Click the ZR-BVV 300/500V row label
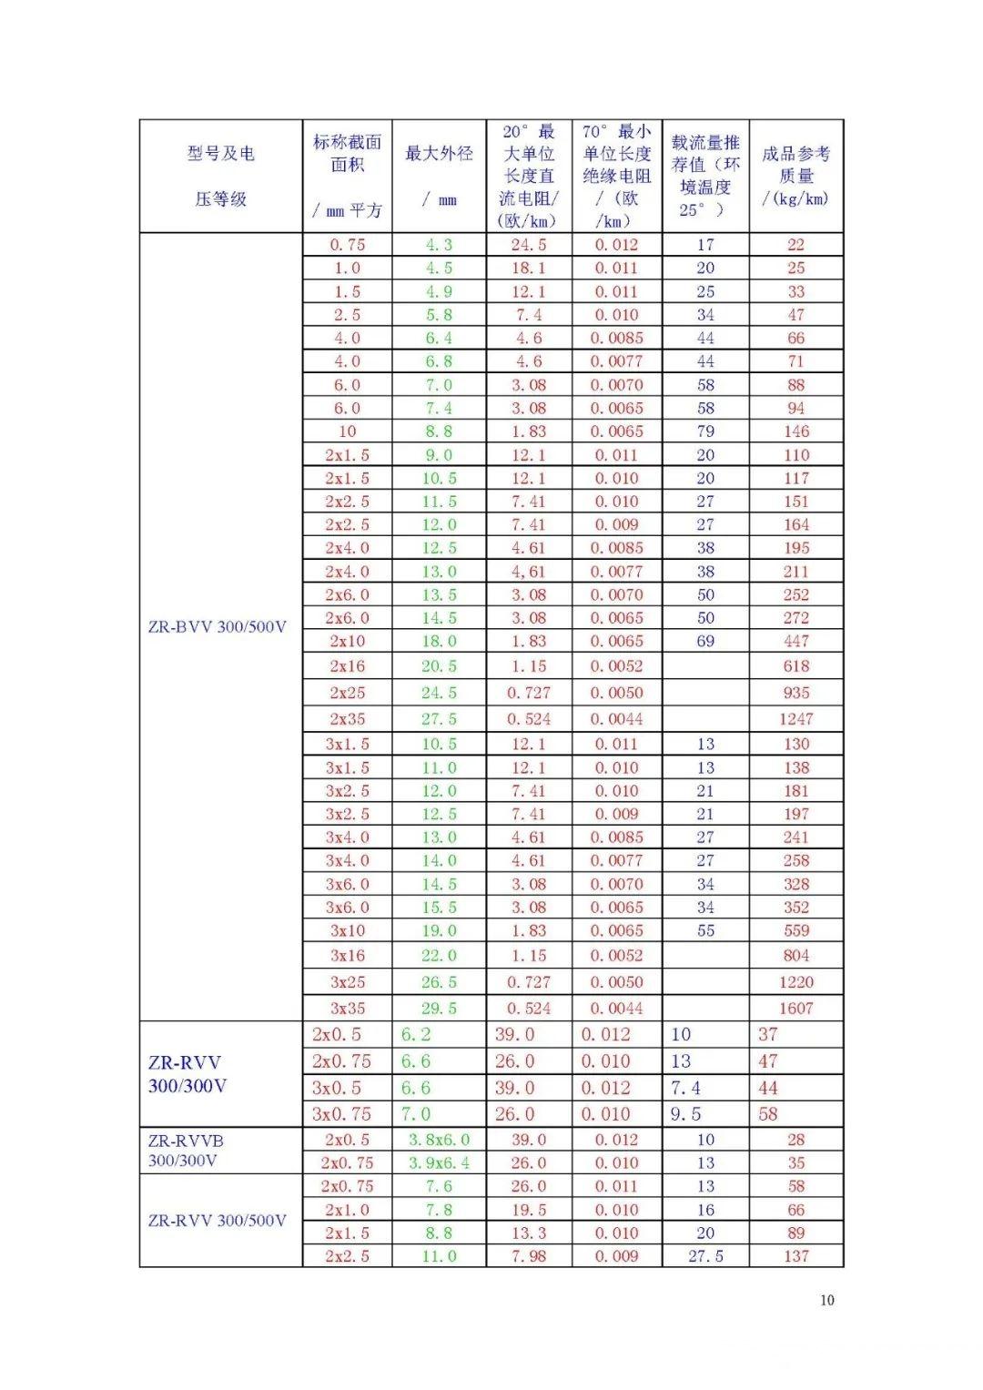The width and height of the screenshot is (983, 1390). coord(217,627)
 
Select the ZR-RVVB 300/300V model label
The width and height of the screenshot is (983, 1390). coord(185,1150)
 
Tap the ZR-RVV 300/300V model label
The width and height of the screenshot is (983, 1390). coord(187,1074)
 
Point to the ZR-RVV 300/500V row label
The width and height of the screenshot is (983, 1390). coord(217,1221)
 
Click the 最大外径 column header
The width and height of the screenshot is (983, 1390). coord(439,154)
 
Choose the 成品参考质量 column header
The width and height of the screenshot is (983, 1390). coord(796,176)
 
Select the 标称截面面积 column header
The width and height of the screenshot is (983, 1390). coord(347,153)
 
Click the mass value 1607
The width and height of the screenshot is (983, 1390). coord(796,1008)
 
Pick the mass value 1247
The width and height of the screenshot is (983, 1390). coord(796,718)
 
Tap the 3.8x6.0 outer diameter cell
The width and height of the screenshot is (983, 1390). coord(439,1140)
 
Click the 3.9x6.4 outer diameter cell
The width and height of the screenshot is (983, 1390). coord(439,1162)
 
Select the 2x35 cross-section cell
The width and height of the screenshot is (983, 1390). coord(347,718)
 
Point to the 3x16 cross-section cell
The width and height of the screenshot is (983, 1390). coord(347,956)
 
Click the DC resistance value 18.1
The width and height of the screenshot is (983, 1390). coord(528,269)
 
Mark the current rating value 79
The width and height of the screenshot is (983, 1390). coord(705,431)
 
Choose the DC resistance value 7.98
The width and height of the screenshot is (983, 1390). coord(528,1256)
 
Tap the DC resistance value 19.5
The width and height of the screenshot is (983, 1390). coord(528,1210)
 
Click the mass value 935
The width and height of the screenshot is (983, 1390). coord(796,693)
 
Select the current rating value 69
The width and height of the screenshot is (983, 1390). coord(705,641)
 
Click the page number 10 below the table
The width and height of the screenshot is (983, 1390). coord(826,1300)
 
